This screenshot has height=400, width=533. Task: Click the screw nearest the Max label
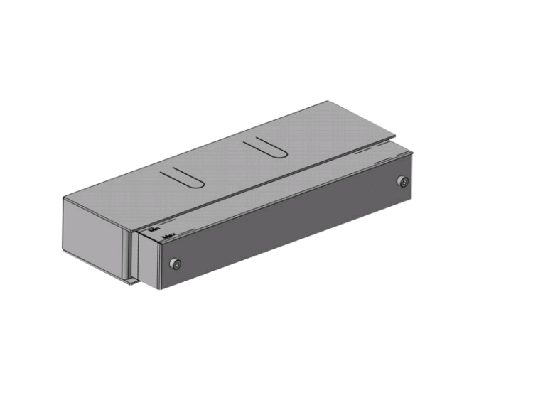[x=175, y=264]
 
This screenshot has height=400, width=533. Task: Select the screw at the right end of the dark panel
[x=403, y=182]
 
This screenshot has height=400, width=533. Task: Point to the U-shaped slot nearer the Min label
[x=183, y=176]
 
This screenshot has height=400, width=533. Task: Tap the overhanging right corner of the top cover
[x=396, y=134]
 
